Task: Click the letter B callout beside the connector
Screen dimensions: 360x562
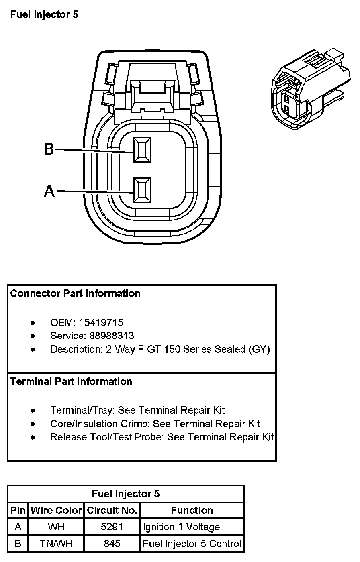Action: tap(49, 149)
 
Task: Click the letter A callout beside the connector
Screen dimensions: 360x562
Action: tap(49, 191)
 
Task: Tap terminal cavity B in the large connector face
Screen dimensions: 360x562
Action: tap(142, 150)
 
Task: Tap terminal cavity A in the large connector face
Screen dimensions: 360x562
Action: tap(142, 189)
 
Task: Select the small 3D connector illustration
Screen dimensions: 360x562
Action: tap(311, 89)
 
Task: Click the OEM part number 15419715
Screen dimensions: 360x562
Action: tap(101, 322)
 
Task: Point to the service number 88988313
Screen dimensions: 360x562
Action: tap(112, 336)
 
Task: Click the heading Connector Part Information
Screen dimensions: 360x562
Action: tap(75, 293)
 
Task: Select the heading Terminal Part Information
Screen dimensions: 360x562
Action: tap(71, 381)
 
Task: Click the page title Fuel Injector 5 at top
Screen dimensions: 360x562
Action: tap(44, 14)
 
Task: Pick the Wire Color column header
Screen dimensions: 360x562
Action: tap(56, 510)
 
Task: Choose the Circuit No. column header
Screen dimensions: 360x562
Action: tap(112, 510)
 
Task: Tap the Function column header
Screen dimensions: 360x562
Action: tap(192, 510)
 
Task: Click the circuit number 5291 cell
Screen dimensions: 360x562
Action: tap(112, 527)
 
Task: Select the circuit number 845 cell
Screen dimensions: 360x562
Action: tap(112, 544)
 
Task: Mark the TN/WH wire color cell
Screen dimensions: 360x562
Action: tap(56, 544)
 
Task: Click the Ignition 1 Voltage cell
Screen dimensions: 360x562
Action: tap(181, 527)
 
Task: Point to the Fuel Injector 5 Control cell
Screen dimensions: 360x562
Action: tap(192, 544)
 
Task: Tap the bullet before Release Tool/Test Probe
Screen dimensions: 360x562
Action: tap(33, 437)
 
